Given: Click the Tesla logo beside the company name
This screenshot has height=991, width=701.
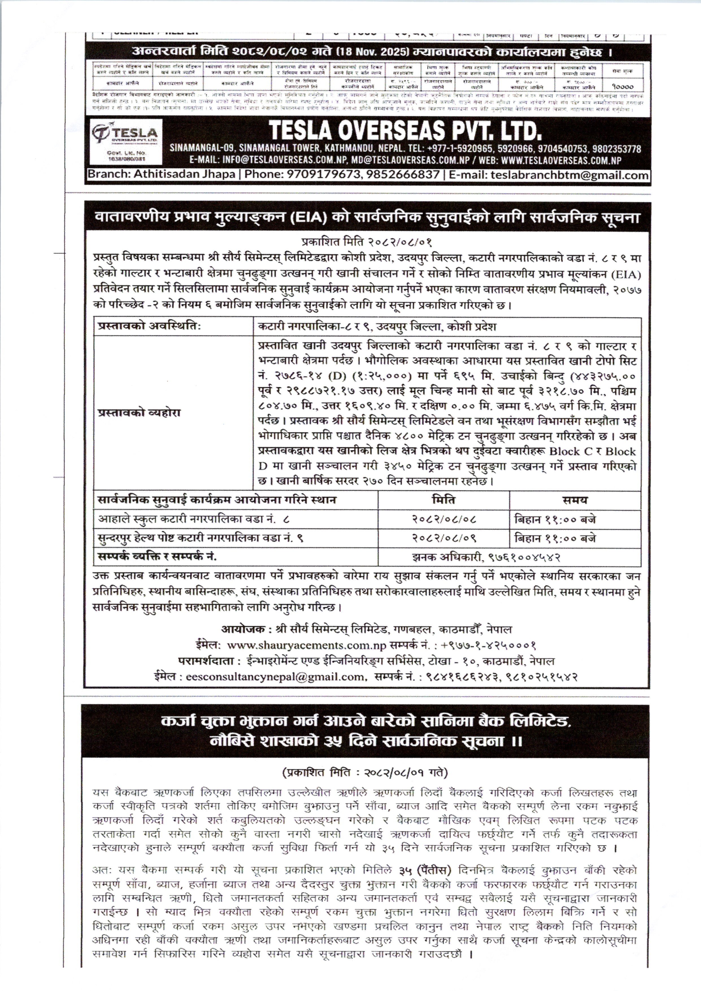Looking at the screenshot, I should pyautogui.click(x=124, y=133).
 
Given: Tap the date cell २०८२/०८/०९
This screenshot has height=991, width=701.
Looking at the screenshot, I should pyautogui.click(x=443, y=538).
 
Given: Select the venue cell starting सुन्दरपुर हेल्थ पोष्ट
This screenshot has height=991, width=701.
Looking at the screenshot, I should pyautogui.click(x=201, y=538).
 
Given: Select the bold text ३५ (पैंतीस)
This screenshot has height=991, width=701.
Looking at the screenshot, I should pyautogui.click(x=425, y=870).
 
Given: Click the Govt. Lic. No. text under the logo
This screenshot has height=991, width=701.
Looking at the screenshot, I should pyautogui.click(x=127, y=155).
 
